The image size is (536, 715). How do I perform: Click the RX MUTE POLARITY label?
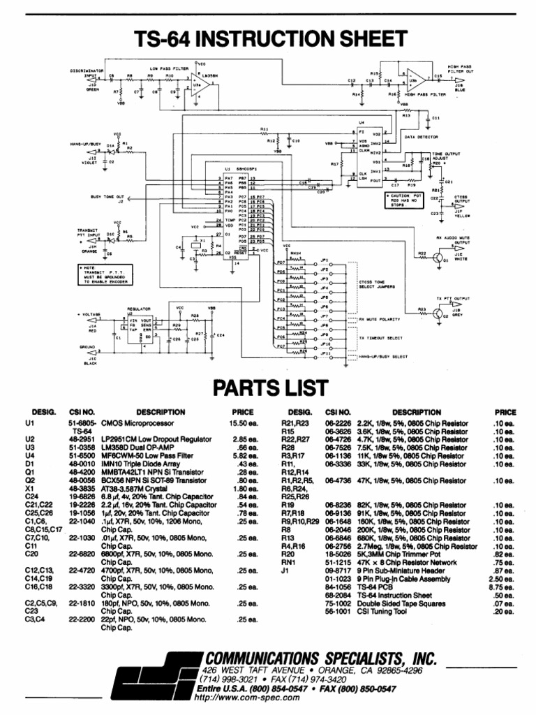(379, 319)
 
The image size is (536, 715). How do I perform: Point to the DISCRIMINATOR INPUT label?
(87, 73)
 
